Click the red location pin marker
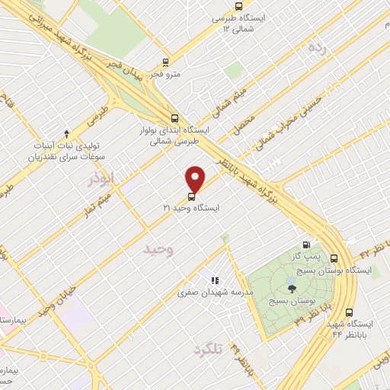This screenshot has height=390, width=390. (x=196, y=179)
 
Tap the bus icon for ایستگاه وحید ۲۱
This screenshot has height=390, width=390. (x=190, y=196)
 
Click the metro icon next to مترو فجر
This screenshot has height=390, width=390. (x=166, y=63)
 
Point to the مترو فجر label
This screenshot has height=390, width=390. (x=166, y=75)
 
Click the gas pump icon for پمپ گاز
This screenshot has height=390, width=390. (x=307, y=246)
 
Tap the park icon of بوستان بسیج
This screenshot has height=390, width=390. (x=292, y=287)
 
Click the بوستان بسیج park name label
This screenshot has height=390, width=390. (x=292, y=302)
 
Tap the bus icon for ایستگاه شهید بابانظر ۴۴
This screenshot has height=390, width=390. (x=350, y=312)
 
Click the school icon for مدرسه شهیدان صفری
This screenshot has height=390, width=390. (x=216, y=280)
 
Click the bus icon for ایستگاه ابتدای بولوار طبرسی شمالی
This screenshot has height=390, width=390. (x=175, y=118)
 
